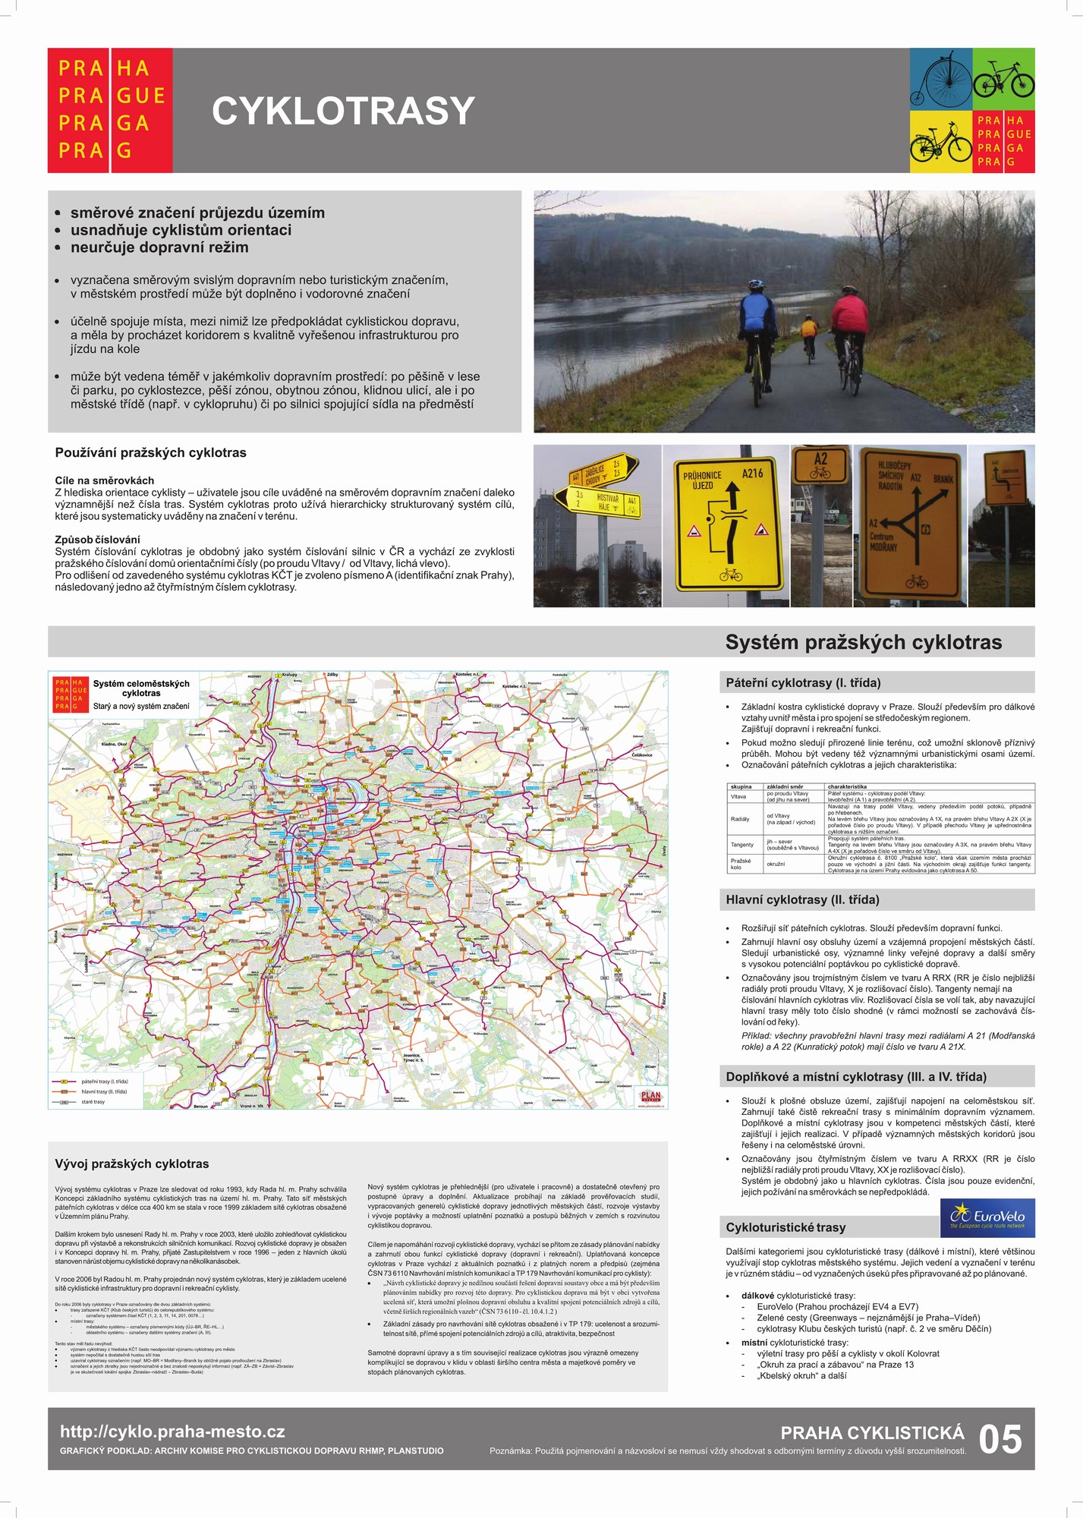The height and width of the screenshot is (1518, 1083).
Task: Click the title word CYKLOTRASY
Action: (343, 111)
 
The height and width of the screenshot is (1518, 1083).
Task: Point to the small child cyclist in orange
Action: (809, 333)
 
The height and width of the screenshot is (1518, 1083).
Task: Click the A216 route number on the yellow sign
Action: (752, 473)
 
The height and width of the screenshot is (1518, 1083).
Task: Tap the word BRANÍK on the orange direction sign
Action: (943, 479)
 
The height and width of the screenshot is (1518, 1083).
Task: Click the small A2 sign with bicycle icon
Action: (820, 465)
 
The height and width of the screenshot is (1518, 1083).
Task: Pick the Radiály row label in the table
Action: (739, 819)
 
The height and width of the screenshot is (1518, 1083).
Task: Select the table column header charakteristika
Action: (847, 786)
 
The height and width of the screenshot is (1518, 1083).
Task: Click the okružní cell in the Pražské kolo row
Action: (776, 864)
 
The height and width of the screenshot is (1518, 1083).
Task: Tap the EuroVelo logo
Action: (987, 1219)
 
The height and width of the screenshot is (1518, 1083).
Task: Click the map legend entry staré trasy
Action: (93, 1101)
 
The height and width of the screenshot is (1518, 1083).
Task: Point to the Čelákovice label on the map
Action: (641, 754)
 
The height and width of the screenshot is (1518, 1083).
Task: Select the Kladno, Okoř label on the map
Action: (115, 744)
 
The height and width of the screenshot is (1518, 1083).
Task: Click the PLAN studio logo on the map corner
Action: (650, 1097)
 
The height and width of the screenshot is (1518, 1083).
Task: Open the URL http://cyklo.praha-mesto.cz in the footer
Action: (173, 1431)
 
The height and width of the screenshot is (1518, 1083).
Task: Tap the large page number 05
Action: (1000, 1440)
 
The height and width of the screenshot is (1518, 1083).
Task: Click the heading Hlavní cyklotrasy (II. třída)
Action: (802, 899)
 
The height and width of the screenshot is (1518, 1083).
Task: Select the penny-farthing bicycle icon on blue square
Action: (940, 79)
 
